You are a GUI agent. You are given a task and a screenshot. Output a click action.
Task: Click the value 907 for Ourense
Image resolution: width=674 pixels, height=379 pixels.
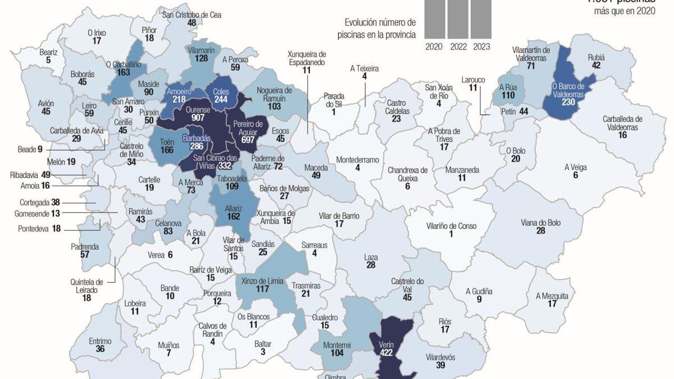point(198,118)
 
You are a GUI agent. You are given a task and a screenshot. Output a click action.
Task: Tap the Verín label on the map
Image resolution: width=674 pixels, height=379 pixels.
point(386,344)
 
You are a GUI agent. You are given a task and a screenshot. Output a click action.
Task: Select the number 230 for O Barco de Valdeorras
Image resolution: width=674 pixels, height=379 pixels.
point(568,102)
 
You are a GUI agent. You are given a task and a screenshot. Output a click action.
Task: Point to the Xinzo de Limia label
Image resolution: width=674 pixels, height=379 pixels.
point(262,281)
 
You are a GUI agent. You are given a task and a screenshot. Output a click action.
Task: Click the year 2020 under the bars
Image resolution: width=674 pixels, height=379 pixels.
point(434,47)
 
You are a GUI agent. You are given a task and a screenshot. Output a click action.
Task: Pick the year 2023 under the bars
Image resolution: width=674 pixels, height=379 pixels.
point(481,47)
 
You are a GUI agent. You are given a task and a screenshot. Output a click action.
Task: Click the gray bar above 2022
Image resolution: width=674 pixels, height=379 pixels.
point(458,19)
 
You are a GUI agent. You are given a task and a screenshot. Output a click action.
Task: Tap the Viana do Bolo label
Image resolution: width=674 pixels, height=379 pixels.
point(540,223)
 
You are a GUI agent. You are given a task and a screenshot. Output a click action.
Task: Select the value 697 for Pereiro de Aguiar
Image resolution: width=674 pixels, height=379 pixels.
point(248,139)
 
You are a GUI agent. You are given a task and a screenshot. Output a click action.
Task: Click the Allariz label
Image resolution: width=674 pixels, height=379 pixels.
point(233,208)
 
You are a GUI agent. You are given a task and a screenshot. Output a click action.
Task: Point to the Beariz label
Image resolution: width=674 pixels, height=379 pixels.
point(48,52)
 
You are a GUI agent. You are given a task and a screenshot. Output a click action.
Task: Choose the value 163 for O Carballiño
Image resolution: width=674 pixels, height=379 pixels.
point(123,72)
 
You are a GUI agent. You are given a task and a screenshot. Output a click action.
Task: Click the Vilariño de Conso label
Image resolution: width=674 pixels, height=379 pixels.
point(451,226)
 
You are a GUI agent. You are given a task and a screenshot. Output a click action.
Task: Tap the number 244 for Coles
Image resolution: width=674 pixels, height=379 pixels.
point(221,100)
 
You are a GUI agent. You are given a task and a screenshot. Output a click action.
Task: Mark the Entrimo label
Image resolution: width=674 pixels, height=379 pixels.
point(100,341)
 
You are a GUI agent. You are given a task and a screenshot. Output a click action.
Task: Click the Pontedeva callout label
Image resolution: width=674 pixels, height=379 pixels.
point(33,229)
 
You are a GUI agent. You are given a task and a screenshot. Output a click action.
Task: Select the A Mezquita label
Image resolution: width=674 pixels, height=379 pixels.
point(552,296)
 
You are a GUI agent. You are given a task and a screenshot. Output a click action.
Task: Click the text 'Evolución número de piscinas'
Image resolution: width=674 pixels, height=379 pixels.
point(380,28)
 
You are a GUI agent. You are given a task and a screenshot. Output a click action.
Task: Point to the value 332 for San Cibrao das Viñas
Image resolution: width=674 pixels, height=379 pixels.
point(225,166)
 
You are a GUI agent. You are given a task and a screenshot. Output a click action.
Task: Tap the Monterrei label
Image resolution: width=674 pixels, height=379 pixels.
point(337,345)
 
